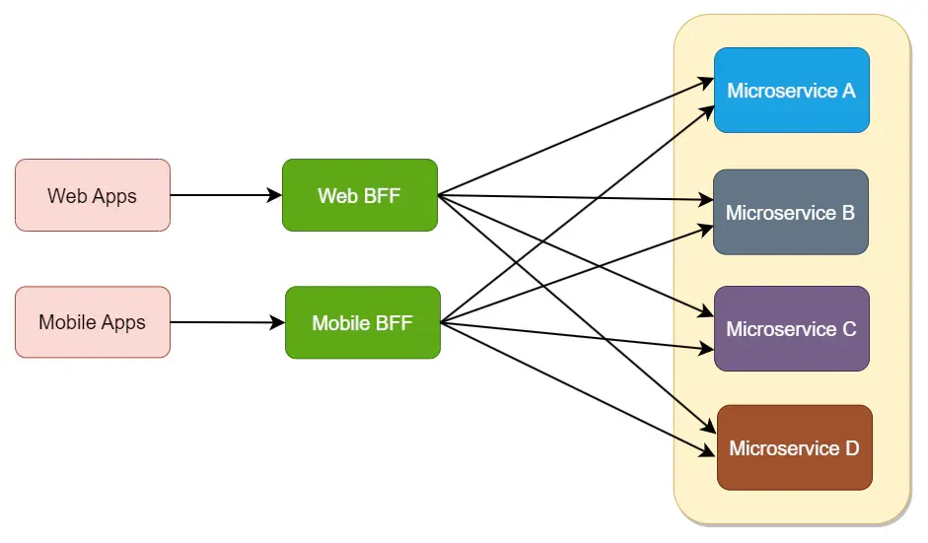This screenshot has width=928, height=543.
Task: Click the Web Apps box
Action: (93, 195)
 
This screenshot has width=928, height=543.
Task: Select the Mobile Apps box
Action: (93, 322)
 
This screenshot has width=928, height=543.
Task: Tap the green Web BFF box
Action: (359, 195)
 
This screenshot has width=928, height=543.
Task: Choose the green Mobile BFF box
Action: (362, 322)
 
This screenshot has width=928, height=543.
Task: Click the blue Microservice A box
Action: (791, 90)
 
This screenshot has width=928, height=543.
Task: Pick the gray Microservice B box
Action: (790, 212)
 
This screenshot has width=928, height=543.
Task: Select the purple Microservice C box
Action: (791, 328)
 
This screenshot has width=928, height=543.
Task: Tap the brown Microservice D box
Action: (794, 447)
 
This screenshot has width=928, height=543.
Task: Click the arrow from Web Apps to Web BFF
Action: (226, 195)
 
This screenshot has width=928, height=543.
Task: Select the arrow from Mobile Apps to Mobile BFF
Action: (227, 322)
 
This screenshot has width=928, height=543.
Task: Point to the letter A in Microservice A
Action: (848, 91)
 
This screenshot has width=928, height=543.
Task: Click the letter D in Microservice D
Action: (852, 448)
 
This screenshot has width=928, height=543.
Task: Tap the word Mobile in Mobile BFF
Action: (341, 323)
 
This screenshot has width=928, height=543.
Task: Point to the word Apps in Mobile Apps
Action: (123, 323)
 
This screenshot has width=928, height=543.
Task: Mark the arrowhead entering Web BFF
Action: (275, 195)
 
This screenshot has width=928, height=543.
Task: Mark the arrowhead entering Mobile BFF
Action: (278, 323)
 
